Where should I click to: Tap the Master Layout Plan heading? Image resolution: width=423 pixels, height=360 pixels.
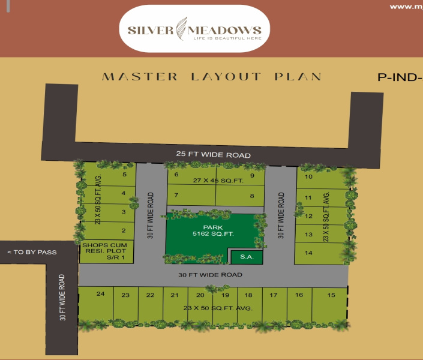tap(212, 77)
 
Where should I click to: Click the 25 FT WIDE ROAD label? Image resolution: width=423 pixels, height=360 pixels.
tap(213, 155)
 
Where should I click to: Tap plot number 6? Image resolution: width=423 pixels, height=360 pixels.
tap(176, 175)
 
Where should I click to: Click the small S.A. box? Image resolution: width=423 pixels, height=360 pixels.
tap(246, 257)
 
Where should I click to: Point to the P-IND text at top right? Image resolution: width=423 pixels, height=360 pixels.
tap(399, 77)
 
